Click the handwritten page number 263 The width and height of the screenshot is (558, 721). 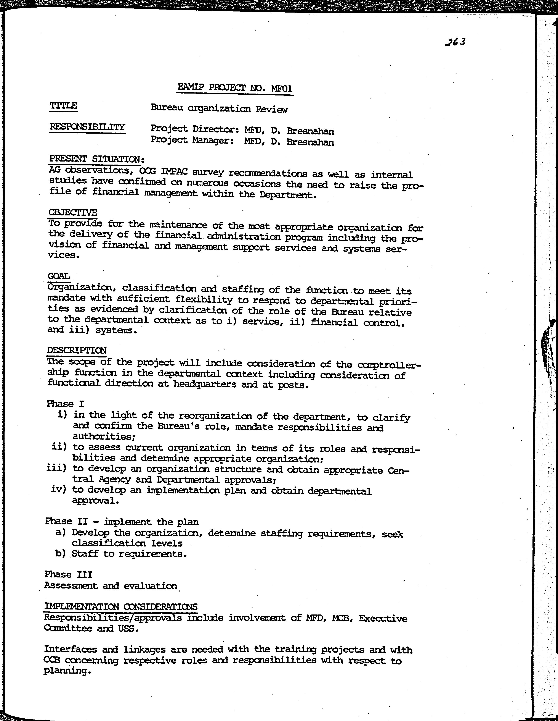tap(455, 42)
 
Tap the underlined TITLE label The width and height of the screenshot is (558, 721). tap(63, 106)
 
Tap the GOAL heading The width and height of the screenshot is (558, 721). tap(59, 276)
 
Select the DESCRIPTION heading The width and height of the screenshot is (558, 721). tap(77, 350)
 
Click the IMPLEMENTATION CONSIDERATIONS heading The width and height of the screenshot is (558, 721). tap(121, 606)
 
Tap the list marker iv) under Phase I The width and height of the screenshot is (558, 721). tap(59, 489)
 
